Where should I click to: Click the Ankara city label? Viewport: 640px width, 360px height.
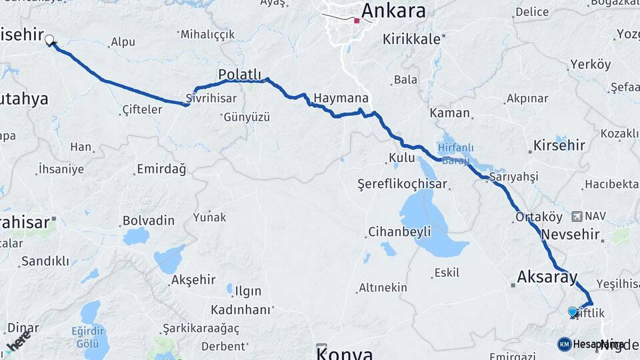pyautogui.click(x=393, y=11)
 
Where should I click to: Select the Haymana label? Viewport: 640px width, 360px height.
pyautogui.click(x=341, y=97)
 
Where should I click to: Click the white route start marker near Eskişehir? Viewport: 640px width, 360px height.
pyautogui.click(x=49, y=40)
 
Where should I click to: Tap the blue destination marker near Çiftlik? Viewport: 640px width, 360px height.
pyautogui.click(x=572, y=311)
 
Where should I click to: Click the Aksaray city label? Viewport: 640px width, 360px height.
pyautogui.click(x=547, y=277)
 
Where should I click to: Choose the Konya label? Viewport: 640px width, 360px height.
pyautogui.click(x=345, y=352)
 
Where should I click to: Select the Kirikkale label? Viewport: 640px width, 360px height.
pyautogui.click(x=411, y=39)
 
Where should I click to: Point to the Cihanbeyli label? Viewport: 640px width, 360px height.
pyautogui.click(x=399, y=232)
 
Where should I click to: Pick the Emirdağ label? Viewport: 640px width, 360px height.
pyautogui.click(x=161, y=169)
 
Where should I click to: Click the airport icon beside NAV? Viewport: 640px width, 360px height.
pyautogui.click(x=577, y=217)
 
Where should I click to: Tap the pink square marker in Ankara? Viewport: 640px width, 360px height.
pyautogui.click(x=357, y=21)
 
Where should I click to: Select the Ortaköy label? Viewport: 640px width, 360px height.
pyautogui.click(x=539, y=217)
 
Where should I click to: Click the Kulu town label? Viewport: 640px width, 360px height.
pyautogui.click(x=402, y=158)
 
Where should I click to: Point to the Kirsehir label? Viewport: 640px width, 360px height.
pyautogui.click(x=559, y=145)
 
